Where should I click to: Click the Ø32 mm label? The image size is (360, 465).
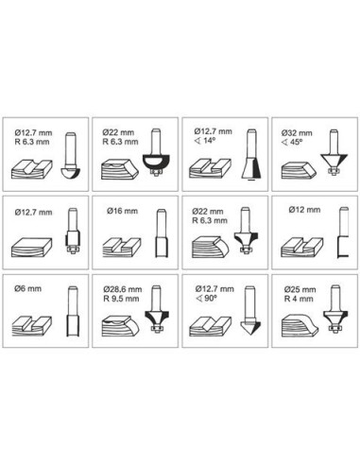pyautogui.click(x=297, y=133)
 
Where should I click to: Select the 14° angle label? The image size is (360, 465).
pyautogui.click(x=205, y=141)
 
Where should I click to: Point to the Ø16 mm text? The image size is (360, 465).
pyautogui.click(x=122, y=211)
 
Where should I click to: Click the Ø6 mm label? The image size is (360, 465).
pyautogui.click(x=27, y=288)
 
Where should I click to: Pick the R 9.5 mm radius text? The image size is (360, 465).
pyautogui.click(x=121, y=299)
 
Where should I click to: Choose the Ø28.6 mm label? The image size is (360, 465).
pyautogui.click(x=123, y=289)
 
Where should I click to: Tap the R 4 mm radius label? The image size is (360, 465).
pyautogui.click(x=299, y=299)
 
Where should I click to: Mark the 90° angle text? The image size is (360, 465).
pyautogui.click(x=206, y=298)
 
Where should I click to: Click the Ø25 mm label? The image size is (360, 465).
pyautogui.click(x=300, y=289)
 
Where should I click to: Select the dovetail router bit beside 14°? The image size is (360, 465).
pyautogui.click(x=252, y=155)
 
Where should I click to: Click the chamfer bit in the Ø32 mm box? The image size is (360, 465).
pyautogui.click(x=334, y=152)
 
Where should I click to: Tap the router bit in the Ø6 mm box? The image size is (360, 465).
pyautogui.click(x=73, y=311)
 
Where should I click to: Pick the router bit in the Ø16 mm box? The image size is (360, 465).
pyautogui.click(x=162, y=233)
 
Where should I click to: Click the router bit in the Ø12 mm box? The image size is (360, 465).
pyautogui.click(x=343, y=232)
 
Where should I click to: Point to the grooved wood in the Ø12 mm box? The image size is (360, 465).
pyautogui.click(x=301, y=248)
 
